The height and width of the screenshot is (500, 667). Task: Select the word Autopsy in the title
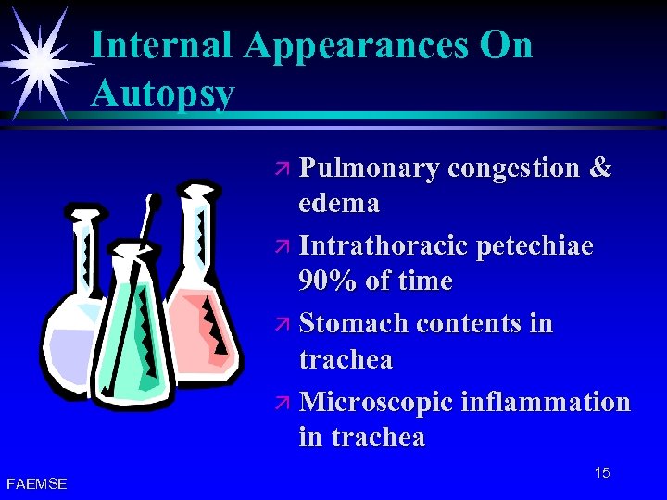[x=162, y=93]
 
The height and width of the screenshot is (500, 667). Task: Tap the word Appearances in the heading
[x=356, y=45]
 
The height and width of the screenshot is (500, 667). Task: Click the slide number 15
[x=602, y=473]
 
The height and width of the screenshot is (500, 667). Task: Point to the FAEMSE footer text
[x=36, y=483]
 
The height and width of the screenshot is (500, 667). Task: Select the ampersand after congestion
[x=600, y=168]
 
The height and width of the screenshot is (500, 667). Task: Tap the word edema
[x=339, y=202]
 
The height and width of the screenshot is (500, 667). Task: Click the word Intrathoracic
[x=384, y=246]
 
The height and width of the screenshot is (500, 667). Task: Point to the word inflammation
[x=545, y=403]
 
